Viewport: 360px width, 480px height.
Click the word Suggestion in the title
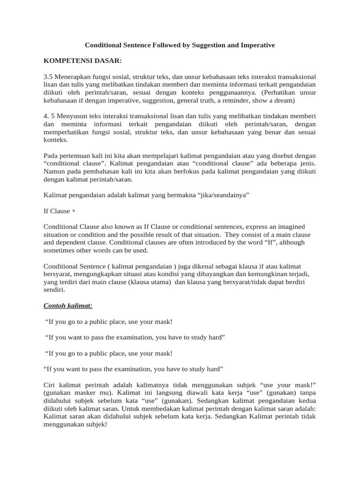coord(205,45)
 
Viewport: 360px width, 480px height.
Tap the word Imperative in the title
coord(256,45)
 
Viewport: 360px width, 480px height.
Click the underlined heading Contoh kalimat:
coord(68,306)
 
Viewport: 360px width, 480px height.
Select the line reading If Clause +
coord(60,211)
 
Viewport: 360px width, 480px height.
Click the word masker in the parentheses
coord(82,393)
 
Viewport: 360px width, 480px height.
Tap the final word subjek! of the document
coord(96,425)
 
